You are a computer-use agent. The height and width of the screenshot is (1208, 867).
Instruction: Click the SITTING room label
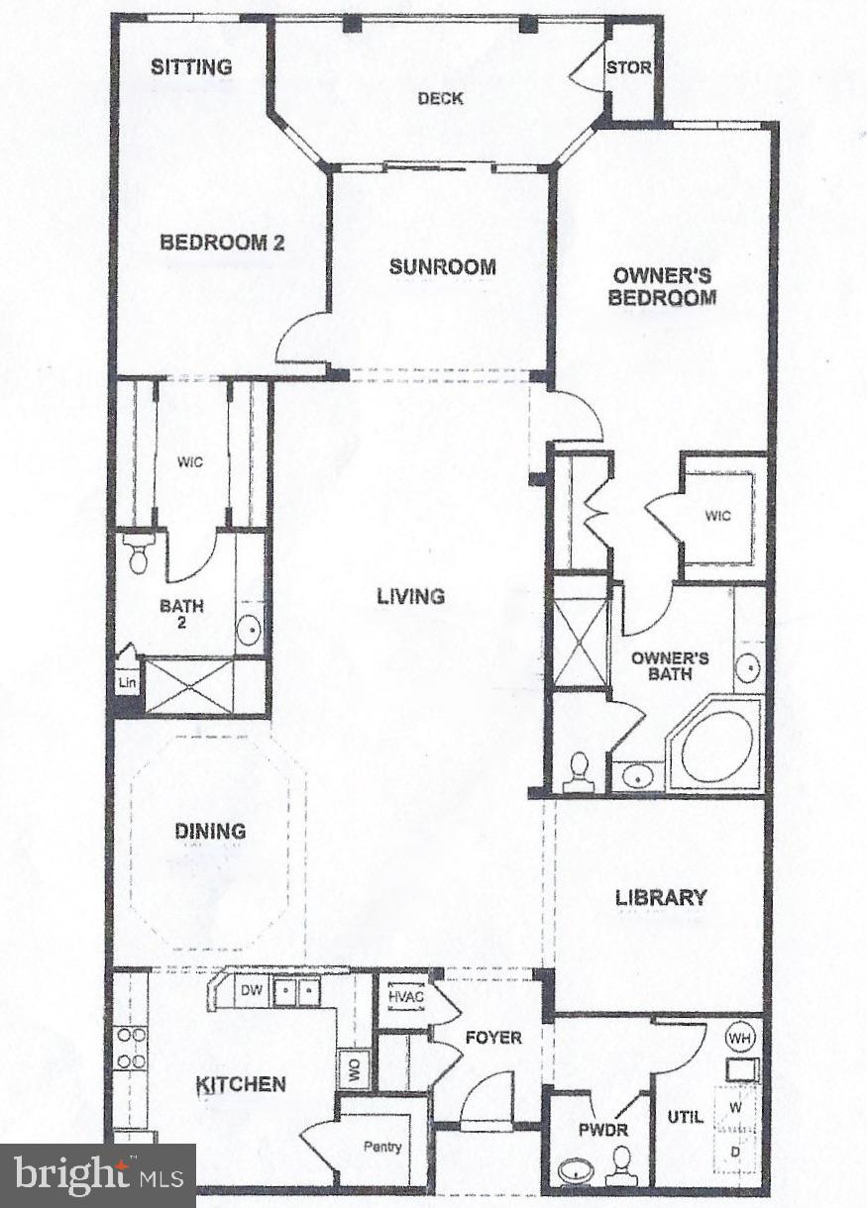pyautogui.click(x=191, y=67)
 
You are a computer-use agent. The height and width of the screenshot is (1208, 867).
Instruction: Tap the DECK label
pyautogui.click(x=440, y=98)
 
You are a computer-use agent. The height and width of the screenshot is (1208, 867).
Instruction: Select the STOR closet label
pyautogui.click(x=629, y=68)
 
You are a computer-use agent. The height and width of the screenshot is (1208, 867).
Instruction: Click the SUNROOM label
pyautogui.click(x=442, y=266)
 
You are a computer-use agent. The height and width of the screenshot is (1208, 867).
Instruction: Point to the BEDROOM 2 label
pyautogui.click(x=223, y=242)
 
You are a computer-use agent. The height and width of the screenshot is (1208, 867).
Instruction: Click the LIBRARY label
pyautogui.click(x=661, y=897)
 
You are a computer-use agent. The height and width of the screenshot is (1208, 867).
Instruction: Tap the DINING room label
pyautogui.click(x=210, y=831)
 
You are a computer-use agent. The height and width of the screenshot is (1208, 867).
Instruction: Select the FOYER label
pyautogui.click(x=493, y=1037)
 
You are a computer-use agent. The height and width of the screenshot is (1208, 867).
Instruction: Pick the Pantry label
pyautogui.click(x=382, y=1147)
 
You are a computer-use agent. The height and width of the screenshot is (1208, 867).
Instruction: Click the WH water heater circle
pyautogui.click(x=738, y=1038)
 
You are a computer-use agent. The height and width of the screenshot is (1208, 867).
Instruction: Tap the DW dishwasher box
pyautogui.click(x=251, y=990)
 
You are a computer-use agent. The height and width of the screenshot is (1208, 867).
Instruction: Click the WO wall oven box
pyautogui.click(x=353, y=1069)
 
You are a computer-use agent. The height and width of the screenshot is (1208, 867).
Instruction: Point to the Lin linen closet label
pyautogui.click(x=128, y=682)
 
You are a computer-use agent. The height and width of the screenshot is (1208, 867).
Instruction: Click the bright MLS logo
pyautogui.click(x=98, y=1175)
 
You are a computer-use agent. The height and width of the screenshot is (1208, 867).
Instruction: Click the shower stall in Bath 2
pyautogui.click(x=189, y=685)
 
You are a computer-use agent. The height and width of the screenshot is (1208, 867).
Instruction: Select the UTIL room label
pyautogui.click(x=685, y=1116)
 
